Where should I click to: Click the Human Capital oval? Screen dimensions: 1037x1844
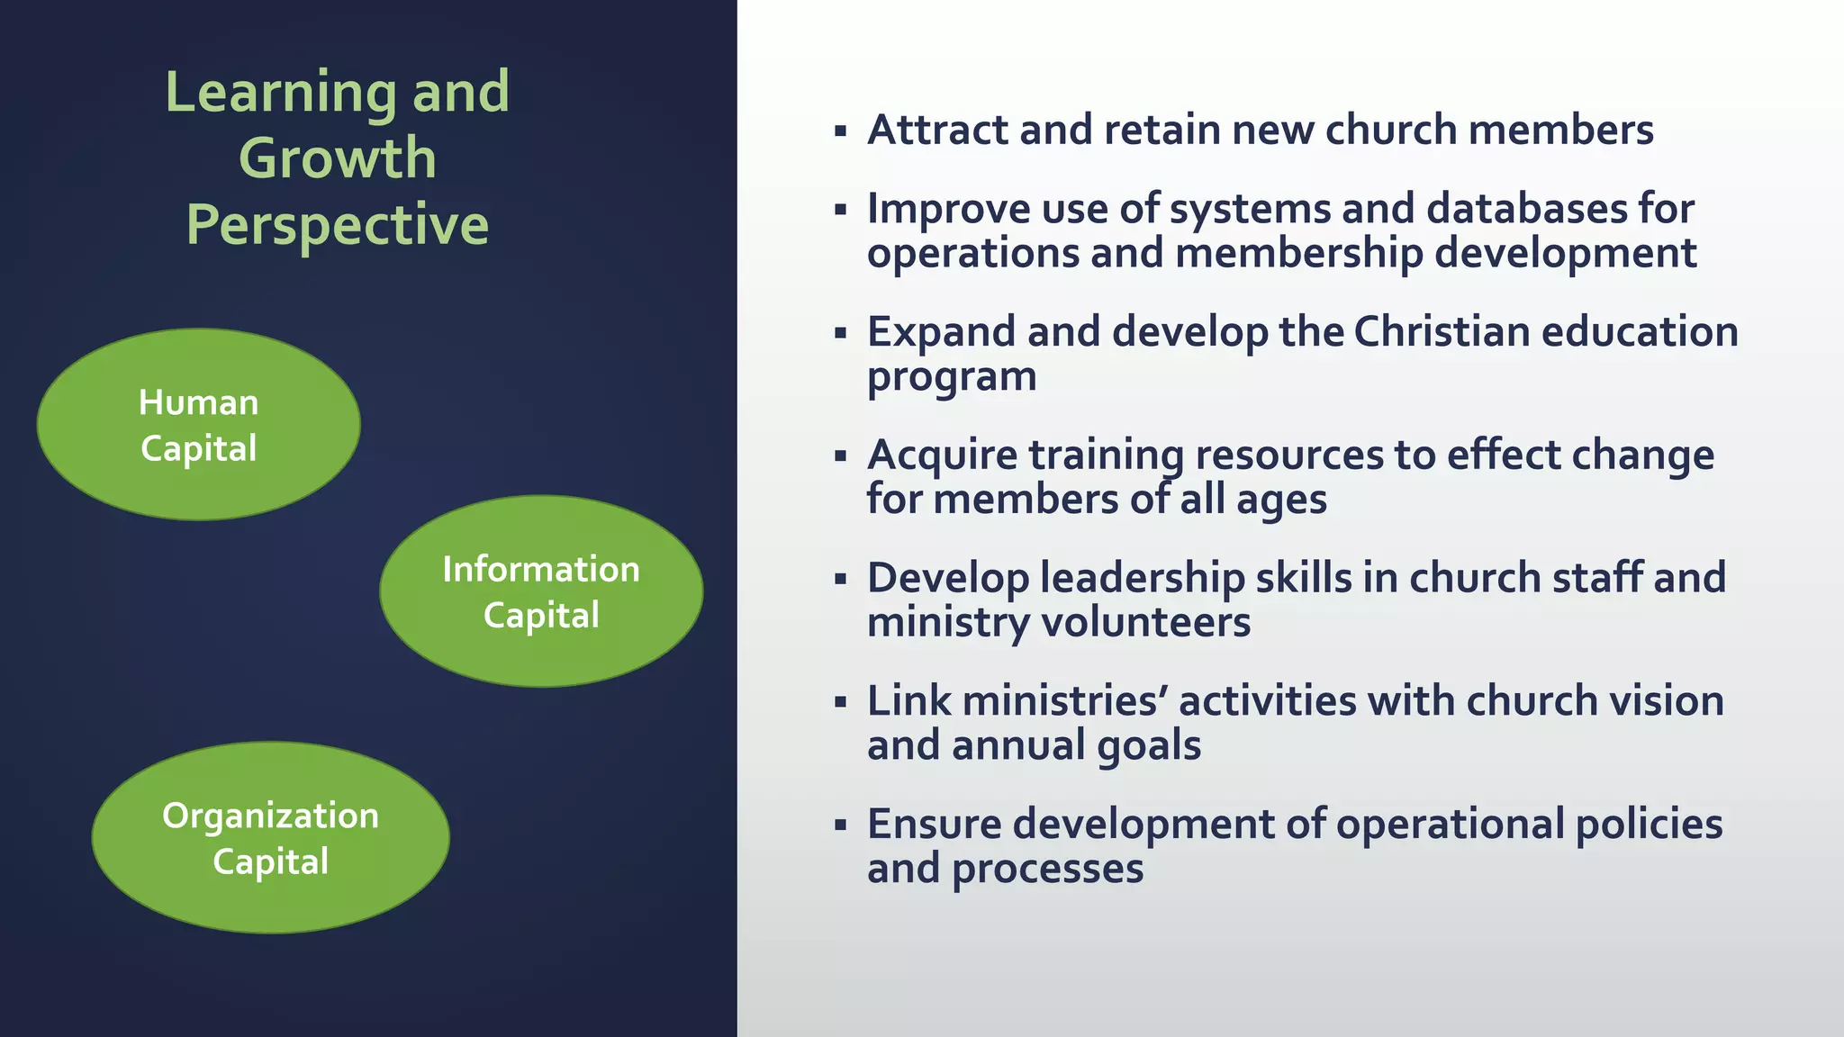tap(198, 424)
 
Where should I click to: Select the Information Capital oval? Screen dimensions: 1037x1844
tap(540, 591)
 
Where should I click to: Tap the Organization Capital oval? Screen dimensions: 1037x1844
tap(270, 837)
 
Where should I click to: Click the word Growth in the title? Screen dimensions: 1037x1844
tap(338, 158)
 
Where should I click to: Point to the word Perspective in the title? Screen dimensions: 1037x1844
tap(338, 225)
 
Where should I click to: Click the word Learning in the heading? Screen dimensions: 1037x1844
tap(280, 92)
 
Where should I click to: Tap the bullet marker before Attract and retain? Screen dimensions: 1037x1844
tap(840, 131)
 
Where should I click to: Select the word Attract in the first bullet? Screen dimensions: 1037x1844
tap(937, 130)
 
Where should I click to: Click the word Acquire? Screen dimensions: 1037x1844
tap(942, 455)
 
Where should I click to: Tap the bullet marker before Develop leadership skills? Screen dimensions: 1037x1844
tap(840, 579)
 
